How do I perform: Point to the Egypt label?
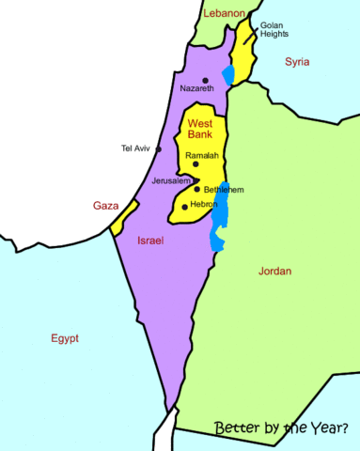[65, 338]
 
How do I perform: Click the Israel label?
[150, 241]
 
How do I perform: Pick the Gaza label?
[105, 205]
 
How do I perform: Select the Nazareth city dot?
[204, 80]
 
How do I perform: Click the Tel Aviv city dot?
[160, 149]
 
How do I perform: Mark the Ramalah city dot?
[196, 164]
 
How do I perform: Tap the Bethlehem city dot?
[196, 189]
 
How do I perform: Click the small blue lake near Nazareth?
[227, 73]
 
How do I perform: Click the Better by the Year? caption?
[281, 428]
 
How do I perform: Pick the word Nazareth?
[196, 89]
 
